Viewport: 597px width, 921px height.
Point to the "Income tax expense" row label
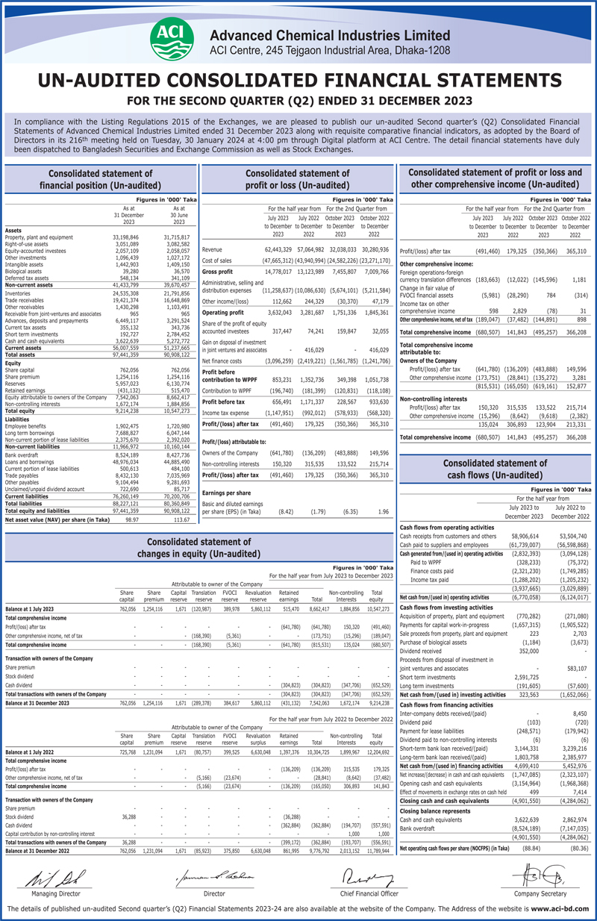[x=227, y=412]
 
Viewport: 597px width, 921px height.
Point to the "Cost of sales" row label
[x=218, y=260]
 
